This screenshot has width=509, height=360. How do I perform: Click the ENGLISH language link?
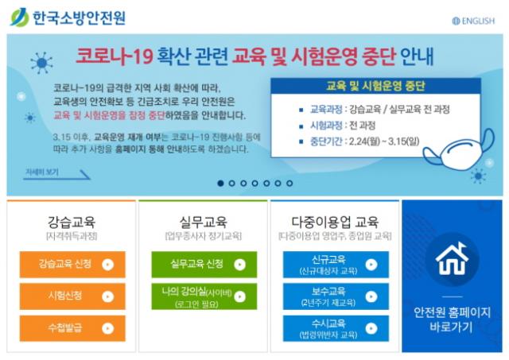pos(473,21)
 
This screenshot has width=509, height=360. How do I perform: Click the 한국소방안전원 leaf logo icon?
pos(19,17)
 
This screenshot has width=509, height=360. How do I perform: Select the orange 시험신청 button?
pos(72,296)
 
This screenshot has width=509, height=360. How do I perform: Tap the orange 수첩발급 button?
pos(72,328)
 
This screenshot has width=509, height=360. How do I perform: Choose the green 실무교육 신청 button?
pos(204,265)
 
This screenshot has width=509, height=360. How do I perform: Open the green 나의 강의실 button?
pos(204,296)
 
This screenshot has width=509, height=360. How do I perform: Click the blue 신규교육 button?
pos(336,265)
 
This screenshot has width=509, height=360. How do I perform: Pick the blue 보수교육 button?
pos(336,296)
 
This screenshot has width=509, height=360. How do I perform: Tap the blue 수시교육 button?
pos(336,328)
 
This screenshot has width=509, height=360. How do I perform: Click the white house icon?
pos(452,259)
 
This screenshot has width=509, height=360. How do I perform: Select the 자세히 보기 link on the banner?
pos(42,172)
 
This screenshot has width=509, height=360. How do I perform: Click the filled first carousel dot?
pos(221,184)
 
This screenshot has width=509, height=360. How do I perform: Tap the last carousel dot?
pos(289,184)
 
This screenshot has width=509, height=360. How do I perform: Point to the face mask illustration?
pos(459,149)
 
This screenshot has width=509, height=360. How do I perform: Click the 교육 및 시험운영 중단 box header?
pos(375,87)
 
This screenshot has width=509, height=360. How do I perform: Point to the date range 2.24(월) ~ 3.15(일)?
pos(384,141)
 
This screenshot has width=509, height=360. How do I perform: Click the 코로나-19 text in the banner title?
pos(115,56)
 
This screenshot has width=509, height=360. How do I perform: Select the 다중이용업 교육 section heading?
pos(335,222)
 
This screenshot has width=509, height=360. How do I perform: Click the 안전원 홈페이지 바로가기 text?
pos(452,319)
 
